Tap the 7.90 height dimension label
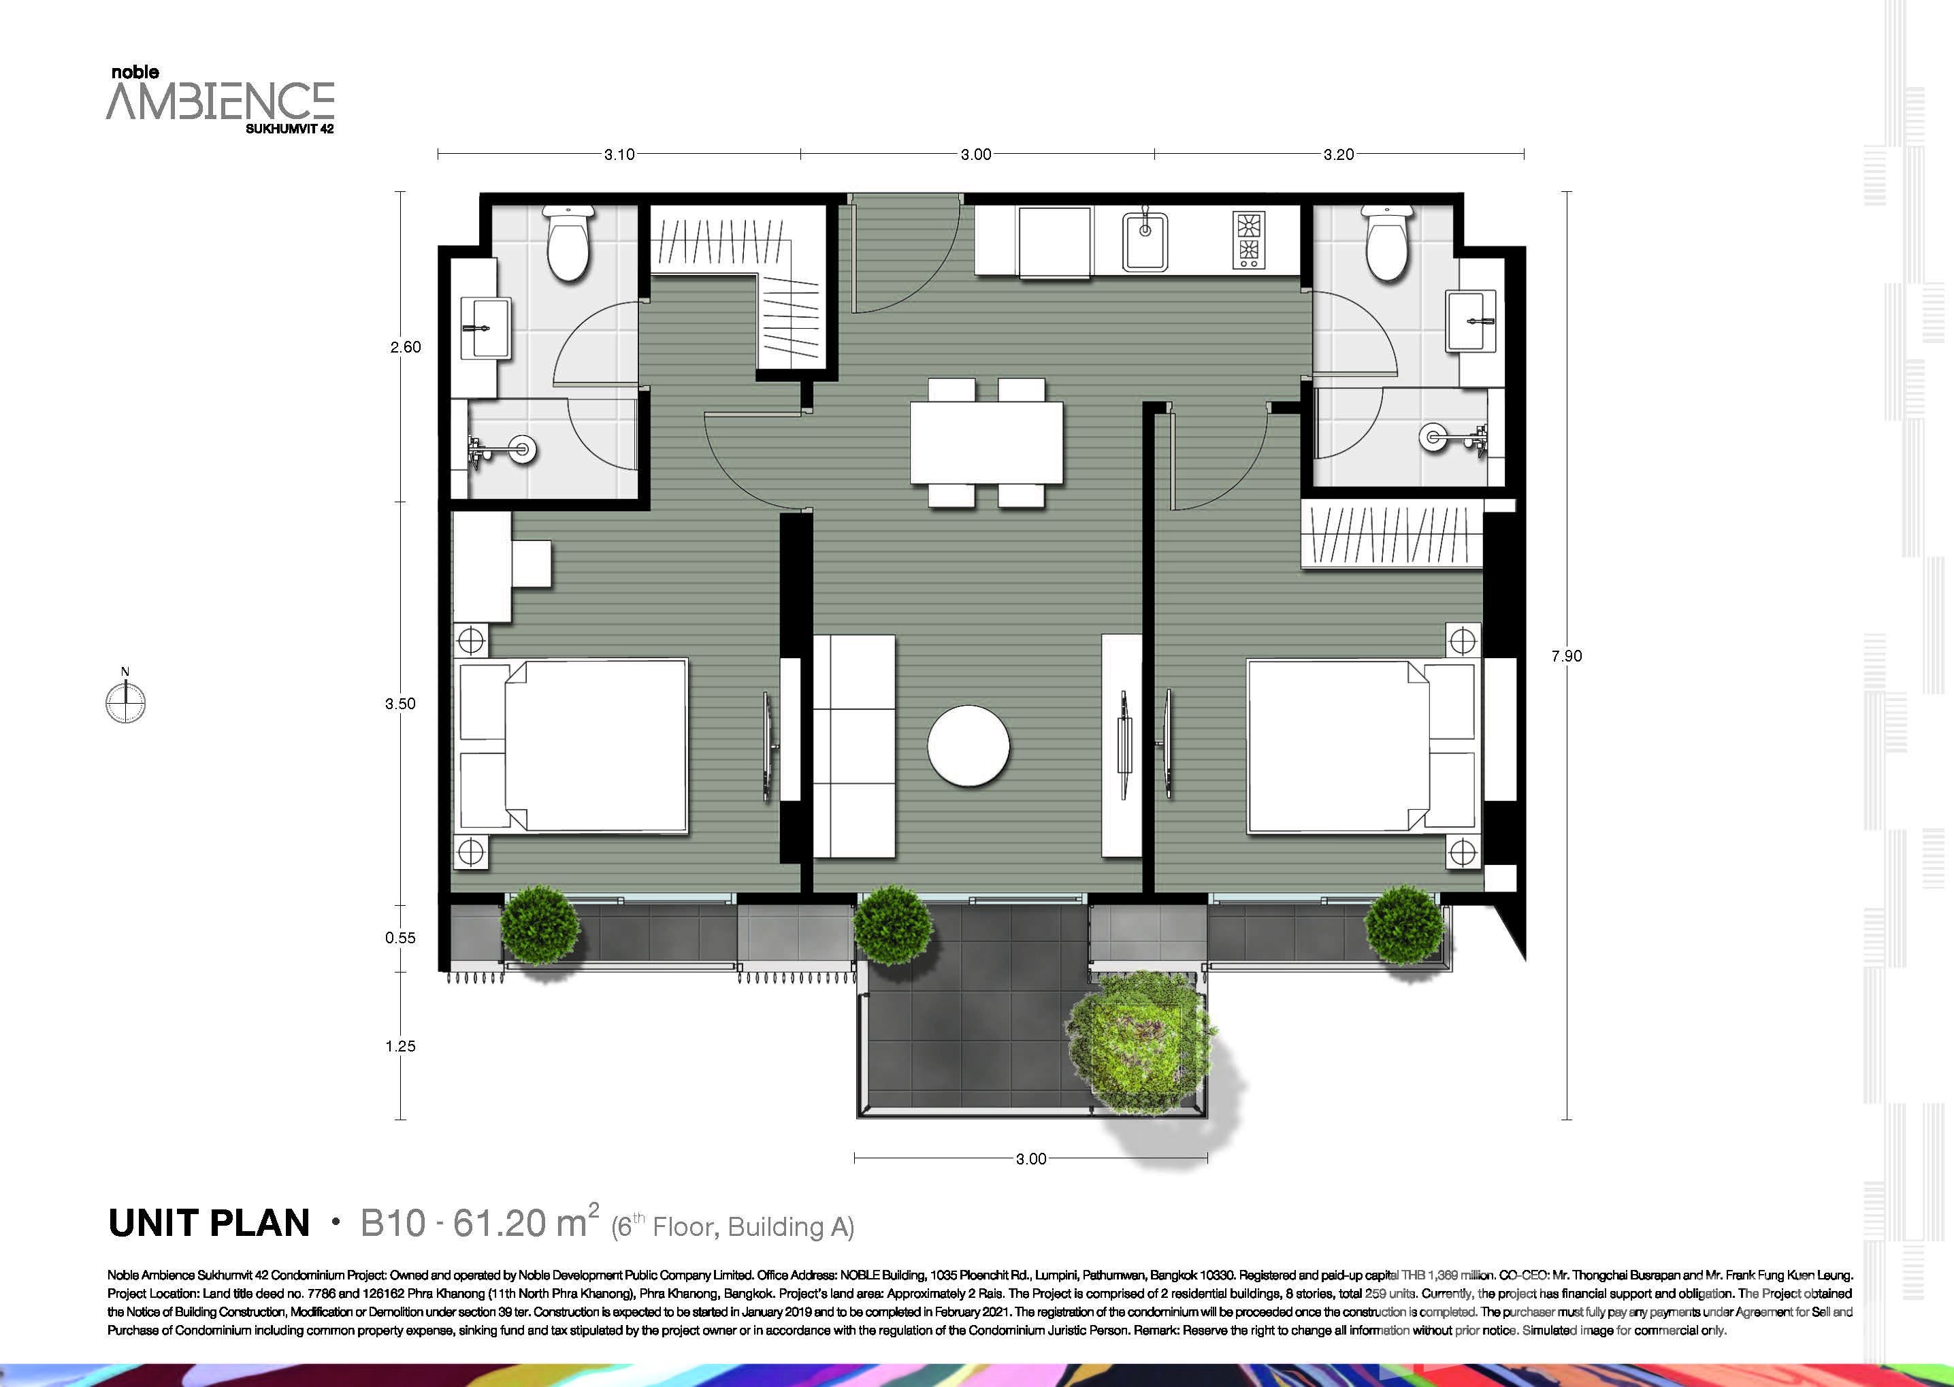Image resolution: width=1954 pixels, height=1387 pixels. pyautogui.click(x=1566, y=656)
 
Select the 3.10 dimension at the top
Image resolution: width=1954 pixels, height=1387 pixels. pyautogui.click(x=619, y=154)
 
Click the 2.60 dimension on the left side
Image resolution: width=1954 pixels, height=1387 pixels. pyautogui.click(x=406, y=347)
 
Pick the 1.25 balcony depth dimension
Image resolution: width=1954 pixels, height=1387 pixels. pyautogui.click(x=401, y=1046)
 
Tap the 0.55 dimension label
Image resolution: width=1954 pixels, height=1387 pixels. pyautogui.click(x=401, y=938)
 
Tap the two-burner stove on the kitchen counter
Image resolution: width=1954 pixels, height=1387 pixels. pyautogui.click(x=1247, y=240)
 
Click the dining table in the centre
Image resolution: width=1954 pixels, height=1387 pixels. pyautogui.click(x=986, y=442)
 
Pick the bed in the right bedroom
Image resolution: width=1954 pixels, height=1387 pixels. pyautogui.click(x=1361, y=746)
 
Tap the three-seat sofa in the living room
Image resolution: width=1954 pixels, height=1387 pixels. pyautogui.click(x=854, y=746)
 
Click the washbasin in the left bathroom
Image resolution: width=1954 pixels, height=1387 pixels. pyautogui.click(x=486, y=328)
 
